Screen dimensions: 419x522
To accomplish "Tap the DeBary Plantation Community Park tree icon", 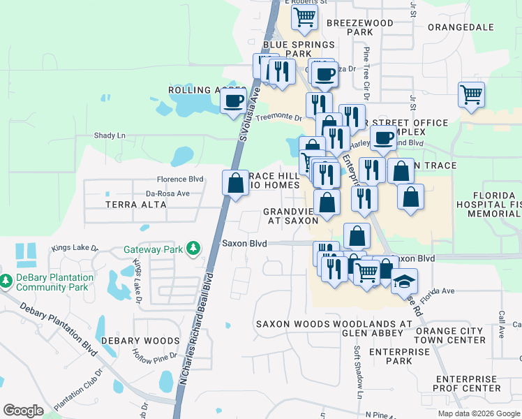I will pyautogui.click(x=6, y=281).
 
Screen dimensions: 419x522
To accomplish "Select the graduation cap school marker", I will pyautogui.click(x=404, y=281).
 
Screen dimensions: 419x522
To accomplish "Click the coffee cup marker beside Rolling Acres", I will pyautogui.click(x=233, y=101).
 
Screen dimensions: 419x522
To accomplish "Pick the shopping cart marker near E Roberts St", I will pyautogui.click(x=304, y=17).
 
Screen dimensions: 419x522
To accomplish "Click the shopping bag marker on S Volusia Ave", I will pyautogui.click(x=236, y=183).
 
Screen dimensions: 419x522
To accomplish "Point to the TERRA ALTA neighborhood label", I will pyautogui.click(x=135, y=205).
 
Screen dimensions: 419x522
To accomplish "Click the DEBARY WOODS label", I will pyautogui.click(x=140, y=341).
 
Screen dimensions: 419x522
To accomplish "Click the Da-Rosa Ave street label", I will pyautogui.click(x=167, y=193).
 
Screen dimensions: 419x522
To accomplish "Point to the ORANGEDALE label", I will pyautogui.click(x=461, y=27).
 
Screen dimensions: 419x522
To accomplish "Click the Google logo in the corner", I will pyautogui.click(x=23, y=411).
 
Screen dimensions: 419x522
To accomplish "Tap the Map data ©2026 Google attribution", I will pyautogui.click(x=478, y=413).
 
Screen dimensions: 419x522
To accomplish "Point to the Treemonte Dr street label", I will pyautogui.click(x=278, y=118).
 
